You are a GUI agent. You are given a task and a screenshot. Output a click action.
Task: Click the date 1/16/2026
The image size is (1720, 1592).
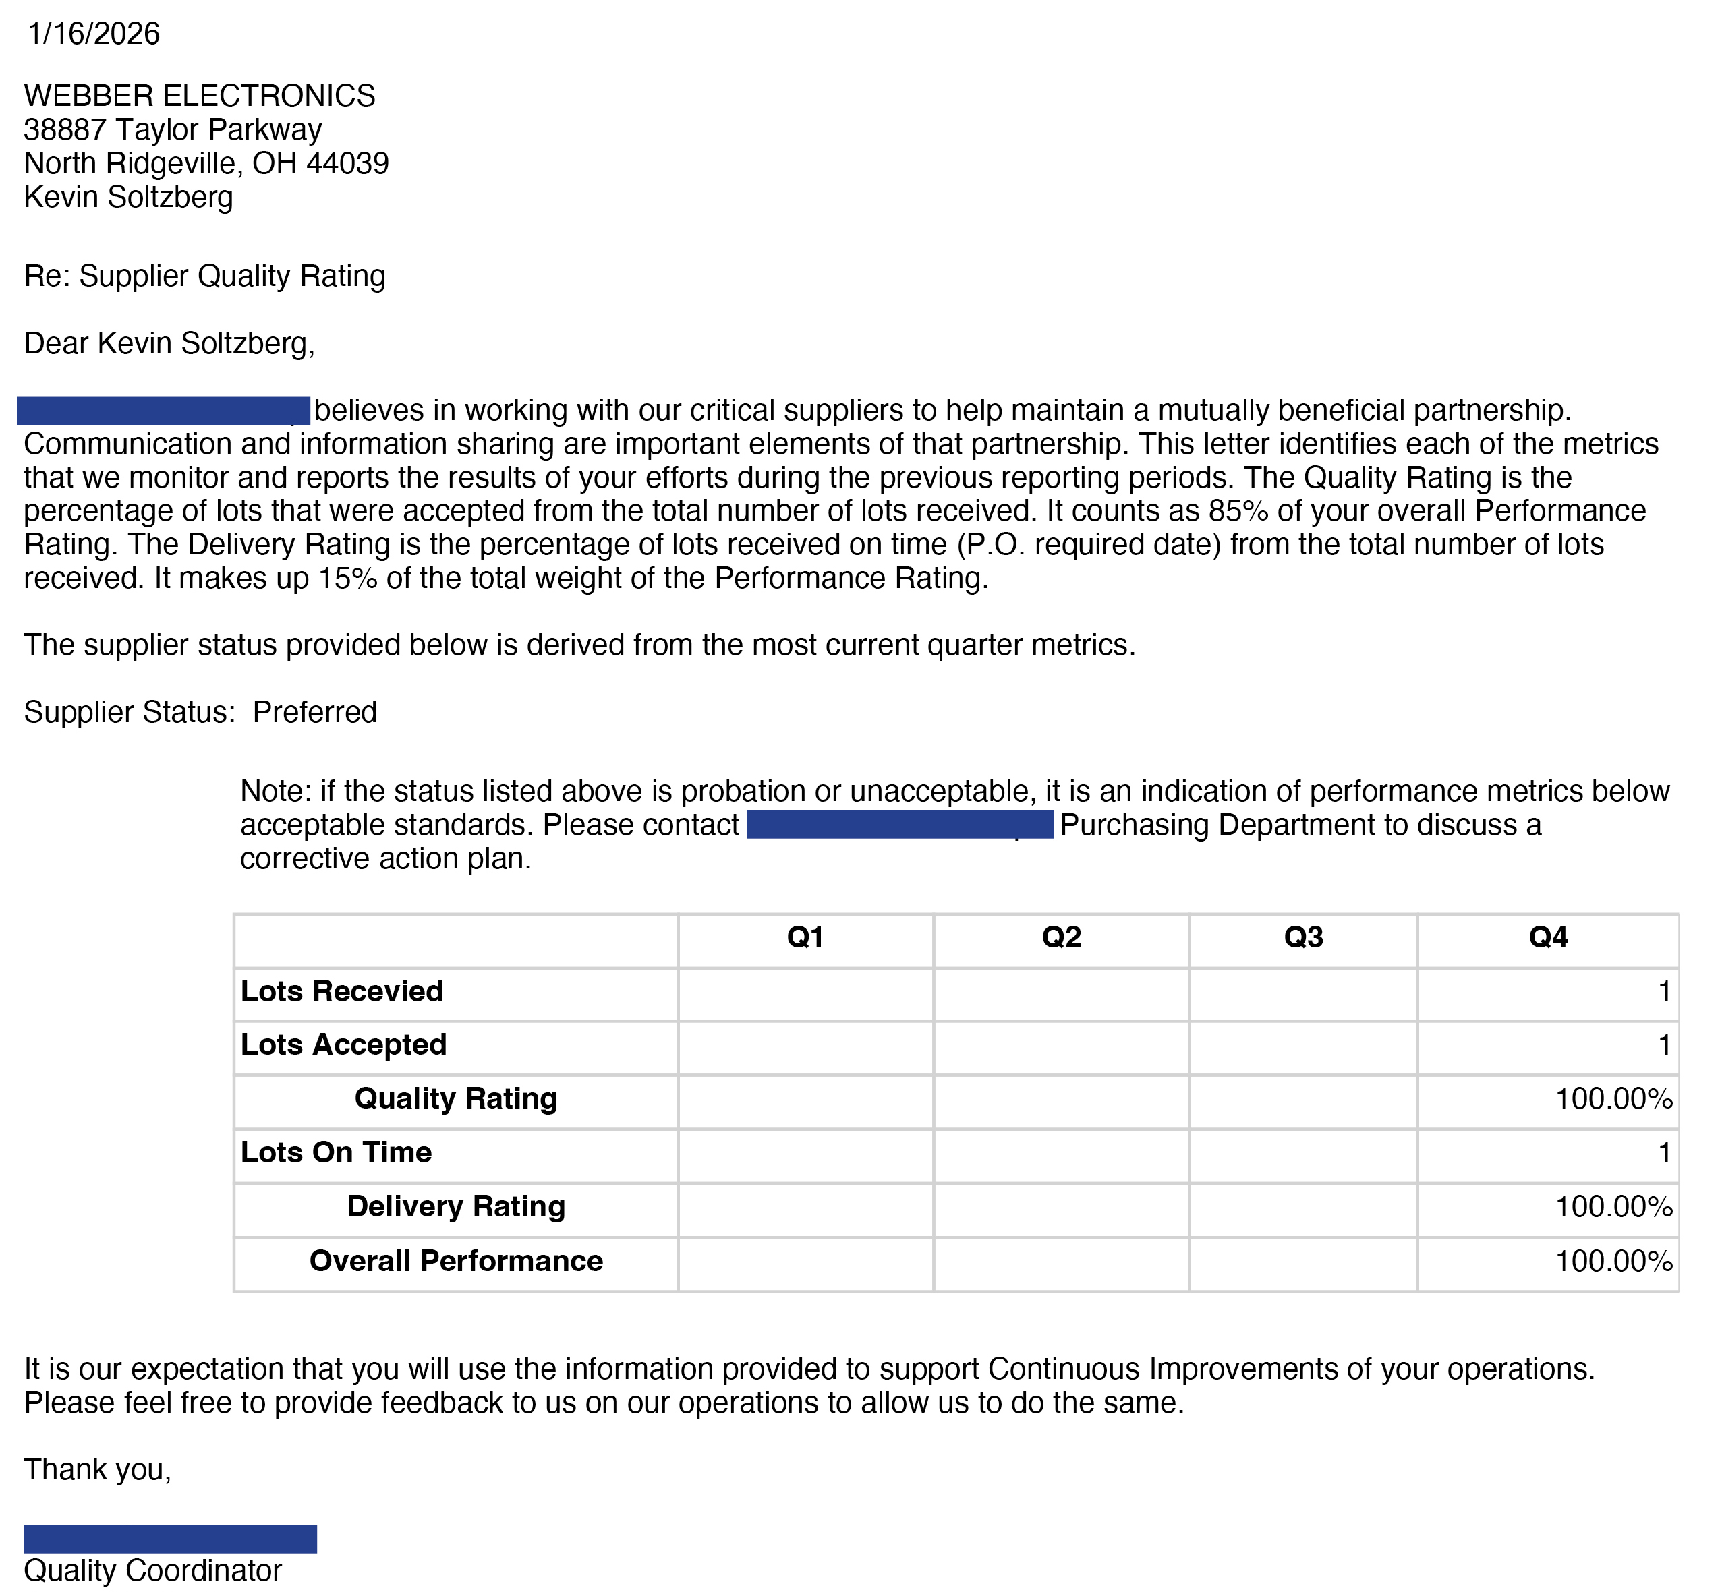pos(93,34)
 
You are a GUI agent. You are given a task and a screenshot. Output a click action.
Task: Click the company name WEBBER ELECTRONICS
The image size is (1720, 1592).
pos(199,96)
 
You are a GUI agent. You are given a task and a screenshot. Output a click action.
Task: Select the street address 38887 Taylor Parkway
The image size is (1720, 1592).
pos(173,129)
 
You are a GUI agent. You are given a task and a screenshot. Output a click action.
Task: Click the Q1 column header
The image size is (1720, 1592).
pos(805,937)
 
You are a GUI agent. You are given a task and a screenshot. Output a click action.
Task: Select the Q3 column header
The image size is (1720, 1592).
pos(1303,937)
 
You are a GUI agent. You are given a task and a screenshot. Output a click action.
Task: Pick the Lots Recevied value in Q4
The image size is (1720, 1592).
pos(1664,992)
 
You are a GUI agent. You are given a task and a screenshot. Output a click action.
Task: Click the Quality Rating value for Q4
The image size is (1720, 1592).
pos(1613,1099)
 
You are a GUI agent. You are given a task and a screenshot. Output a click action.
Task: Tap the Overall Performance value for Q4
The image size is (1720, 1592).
pos(1613,1261)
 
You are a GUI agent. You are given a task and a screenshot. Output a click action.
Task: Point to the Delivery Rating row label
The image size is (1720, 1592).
pos(456,1207)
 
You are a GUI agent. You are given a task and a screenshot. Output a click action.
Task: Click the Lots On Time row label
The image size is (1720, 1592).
pos(336,1152)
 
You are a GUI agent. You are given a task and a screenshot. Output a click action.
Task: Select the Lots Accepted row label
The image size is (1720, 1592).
pos(343,1045)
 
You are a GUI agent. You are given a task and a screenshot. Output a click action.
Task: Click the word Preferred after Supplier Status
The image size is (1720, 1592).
pos(314,713)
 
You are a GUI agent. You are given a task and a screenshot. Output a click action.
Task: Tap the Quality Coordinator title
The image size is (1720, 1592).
pos(152,1570)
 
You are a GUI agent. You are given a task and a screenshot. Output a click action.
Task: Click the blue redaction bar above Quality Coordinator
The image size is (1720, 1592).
pos(170,1539)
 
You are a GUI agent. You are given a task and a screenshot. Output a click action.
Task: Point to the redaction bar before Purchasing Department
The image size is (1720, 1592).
pos(900,825)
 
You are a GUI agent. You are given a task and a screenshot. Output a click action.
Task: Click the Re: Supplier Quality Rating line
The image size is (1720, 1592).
pos(204,276)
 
